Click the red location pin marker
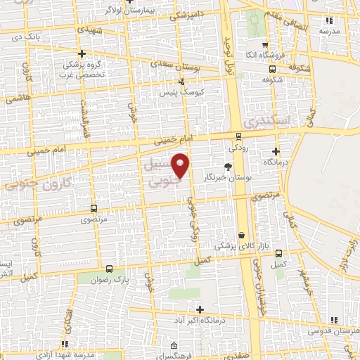[x=181, y=166]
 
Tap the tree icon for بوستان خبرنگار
[x=227, y=167]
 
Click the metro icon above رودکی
[x=238, y=136]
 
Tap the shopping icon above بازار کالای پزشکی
[x=242, y=235]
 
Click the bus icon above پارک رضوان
[x=109, y=269]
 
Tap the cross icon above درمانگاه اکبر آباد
[x=200, y=309]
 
